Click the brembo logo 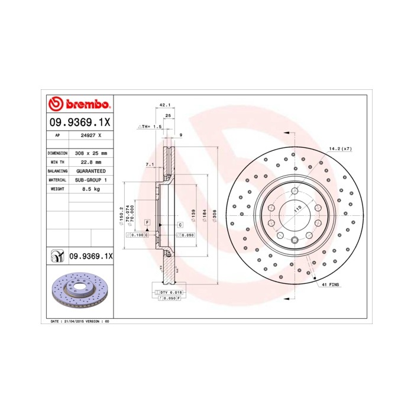[x=79, y=105]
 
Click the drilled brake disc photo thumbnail [x=79, y=292]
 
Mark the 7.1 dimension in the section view [x=149, y=164]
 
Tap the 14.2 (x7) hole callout [x=340, y=148]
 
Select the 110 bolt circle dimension [x=297, y=210]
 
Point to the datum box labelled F [x=147, y=221]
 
